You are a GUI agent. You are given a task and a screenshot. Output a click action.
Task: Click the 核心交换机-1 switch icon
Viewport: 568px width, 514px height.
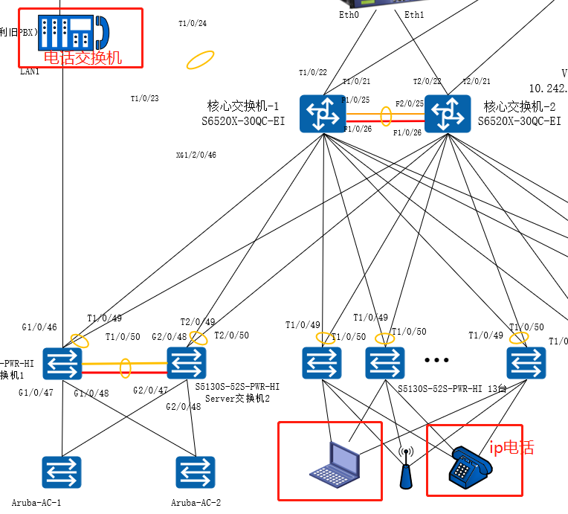coord(323,114)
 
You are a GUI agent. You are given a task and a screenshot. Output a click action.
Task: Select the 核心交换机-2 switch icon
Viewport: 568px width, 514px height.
coord(448,114)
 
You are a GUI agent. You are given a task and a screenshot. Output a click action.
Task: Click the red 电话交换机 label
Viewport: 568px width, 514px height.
coord(83,57)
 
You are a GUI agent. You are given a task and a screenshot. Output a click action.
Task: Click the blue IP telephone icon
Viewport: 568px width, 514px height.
coord(471,466)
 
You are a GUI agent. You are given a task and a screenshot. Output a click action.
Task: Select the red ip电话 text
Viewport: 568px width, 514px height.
coord(511,448)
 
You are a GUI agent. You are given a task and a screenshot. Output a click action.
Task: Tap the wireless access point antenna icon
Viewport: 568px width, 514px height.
coord(405,468)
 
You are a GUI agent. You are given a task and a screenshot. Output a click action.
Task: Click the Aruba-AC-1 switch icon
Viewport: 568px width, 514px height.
coord(62,472)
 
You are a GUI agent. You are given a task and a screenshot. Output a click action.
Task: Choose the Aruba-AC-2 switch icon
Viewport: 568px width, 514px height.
coord(196,472)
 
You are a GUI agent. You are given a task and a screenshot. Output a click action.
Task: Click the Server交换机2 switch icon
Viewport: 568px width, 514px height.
coord(187,363)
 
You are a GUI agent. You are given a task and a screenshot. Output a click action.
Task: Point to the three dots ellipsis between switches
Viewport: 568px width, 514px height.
coord(436,360)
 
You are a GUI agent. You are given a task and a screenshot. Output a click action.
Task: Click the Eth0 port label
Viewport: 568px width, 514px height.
coord(349,14)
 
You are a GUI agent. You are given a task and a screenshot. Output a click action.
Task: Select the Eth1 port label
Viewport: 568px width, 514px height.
coord(414,14)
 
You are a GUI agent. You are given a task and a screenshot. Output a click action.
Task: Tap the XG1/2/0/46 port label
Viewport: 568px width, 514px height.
coord(196,155)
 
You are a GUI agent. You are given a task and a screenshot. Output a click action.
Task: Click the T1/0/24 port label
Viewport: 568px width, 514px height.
coord(193,24)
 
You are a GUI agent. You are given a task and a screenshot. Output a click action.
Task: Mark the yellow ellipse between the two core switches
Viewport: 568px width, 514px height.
coord(386,116)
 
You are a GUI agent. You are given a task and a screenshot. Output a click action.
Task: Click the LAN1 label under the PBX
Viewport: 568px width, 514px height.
coord(30,71)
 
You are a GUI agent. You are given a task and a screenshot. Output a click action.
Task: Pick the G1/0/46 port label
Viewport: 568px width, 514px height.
coord(39,327)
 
